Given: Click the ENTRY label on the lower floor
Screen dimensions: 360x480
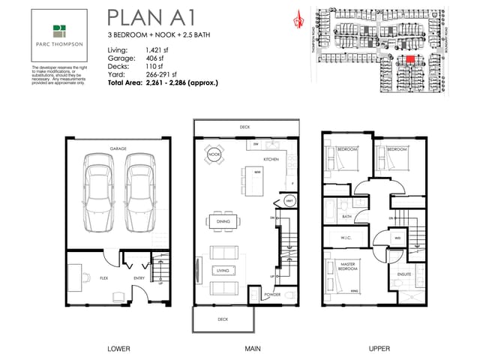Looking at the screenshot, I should point(139,277).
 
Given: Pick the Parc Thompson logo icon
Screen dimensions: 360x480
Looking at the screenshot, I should point(59,31).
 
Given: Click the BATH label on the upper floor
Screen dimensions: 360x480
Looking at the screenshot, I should point(346,217).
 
